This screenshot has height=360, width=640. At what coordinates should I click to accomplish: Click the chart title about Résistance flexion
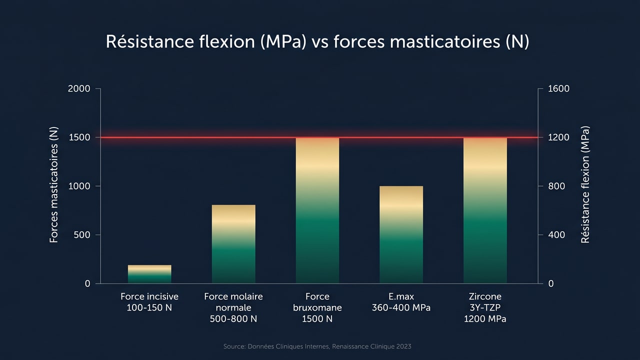pyautogui.click(x=317, y=42)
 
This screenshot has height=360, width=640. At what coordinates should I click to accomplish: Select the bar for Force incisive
pyautogui.click(x=149, y=274)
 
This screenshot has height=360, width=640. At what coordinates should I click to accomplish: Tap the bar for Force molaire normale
pyautogui.click(x=233, y=244)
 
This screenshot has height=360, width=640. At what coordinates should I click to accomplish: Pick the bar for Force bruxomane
pyautogui.click(x=317, y=210)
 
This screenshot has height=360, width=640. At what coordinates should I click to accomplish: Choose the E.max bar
pyautogui.click(x=401, y=234)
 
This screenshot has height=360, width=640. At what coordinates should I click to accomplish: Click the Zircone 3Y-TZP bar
pyautogui.click(x=485, y=210)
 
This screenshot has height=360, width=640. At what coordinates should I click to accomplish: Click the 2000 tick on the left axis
pyautogui.click(x=79, y=89)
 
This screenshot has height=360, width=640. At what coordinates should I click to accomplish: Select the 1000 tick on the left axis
pyautogui.click(x=79, y=186)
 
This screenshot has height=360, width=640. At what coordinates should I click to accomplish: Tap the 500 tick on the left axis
pyautogui.click(x=82, y=235)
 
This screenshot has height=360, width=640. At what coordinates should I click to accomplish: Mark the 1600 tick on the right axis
pyautogui.click(x=558, y=89)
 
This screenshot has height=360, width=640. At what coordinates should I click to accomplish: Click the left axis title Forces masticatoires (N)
pyautogui.click(x=54, y=185)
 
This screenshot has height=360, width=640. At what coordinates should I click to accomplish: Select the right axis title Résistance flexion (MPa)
pyautogui.click(x=585, y=184)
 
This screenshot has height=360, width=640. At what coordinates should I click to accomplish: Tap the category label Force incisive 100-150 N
pyautogui.click(x=149, y=302)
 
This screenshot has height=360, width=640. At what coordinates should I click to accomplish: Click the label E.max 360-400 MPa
pyautogui.click(x=401, y=302)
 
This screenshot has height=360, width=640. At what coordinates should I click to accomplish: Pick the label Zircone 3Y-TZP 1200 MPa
pyautogui.click(x=485, y=307)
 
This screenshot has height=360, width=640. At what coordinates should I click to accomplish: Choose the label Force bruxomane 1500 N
pyautogui.click(x=317, y=307)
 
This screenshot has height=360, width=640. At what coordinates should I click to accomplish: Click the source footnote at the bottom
pyautogui.click(x=317, y=346)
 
